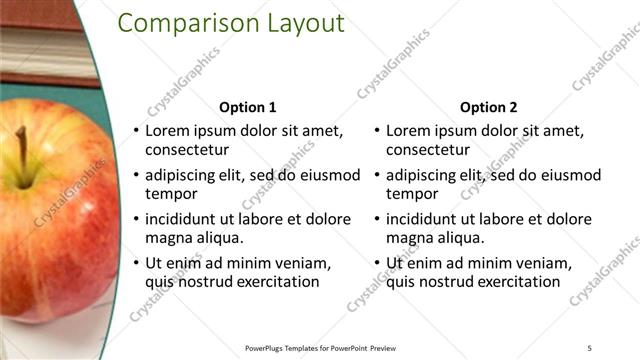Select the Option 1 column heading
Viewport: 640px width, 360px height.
(x=247, y=107)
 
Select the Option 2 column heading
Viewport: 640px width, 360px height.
(x=488, y=107)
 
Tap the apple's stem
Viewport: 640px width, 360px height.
(x=22, y=155)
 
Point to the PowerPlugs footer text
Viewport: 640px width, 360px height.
(x=319, y=347)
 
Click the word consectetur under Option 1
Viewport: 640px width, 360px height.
(x=187, y=150)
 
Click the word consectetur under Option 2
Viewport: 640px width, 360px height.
(x=428, y=150)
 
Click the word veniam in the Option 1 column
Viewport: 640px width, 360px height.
(x=302, y=263)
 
